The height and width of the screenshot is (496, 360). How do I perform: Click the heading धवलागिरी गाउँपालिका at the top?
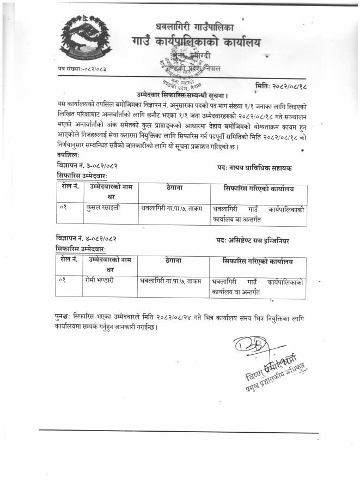point(194,25)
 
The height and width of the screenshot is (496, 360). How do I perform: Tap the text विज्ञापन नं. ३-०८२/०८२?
point(87,164)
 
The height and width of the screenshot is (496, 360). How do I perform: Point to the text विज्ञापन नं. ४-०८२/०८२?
point(87,238)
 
